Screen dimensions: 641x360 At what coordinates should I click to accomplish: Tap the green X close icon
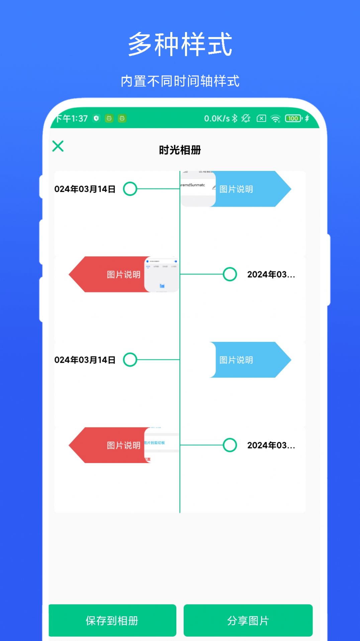tap(58, 146)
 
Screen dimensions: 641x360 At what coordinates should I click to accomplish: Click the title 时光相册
tap(180, 150)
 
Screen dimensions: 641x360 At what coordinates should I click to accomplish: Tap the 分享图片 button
tap(248, 621)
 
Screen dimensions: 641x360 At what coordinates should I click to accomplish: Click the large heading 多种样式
tap(180, 44)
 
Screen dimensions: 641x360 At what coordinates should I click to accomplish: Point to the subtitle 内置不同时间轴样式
tap(180, 81)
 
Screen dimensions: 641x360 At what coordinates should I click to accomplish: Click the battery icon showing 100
tap(293, 118)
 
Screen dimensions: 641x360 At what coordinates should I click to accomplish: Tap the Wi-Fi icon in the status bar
tap(275, 118)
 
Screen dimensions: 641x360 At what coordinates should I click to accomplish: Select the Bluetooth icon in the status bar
tap(235, 118)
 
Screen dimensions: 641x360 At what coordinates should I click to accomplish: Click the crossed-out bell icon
tap(246, 118)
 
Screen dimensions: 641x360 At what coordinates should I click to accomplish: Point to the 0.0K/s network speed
tap(217, 118)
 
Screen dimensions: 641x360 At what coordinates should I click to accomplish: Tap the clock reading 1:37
tap(79, 118)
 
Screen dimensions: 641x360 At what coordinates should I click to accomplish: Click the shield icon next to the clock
tap(96, 118)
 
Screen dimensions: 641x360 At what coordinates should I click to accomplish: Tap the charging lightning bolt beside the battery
tap(307, 118)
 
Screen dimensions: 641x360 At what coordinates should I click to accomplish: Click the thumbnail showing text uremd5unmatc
tap(198, 189)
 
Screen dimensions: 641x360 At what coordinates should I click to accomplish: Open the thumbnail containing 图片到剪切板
tap(162, 445)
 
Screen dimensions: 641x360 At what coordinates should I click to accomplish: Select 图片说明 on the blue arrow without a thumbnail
tap(236, 360)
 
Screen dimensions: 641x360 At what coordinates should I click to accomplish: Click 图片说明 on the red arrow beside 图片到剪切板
tap(123, 445)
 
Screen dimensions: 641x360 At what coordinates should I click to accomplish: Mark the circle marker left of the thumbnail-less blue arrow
tap(130, 360)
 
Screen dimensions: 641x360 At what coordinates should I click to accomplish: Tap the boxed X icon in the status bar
tap(261, 118)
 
